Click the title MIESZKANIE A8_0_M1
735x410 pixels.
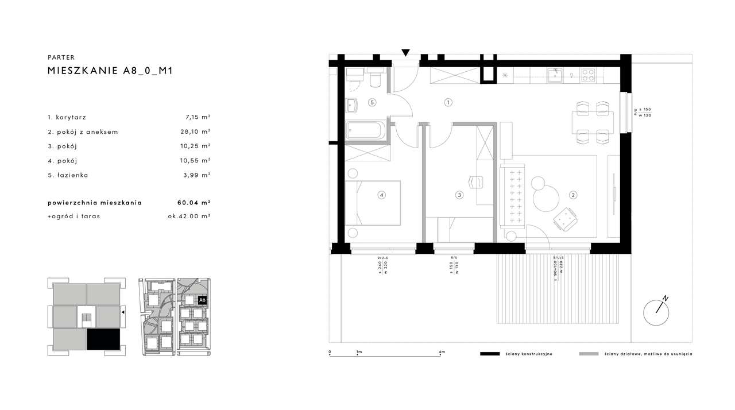click(x=110, y=71)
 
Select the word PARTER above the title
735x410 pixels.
click(x=61, y=57)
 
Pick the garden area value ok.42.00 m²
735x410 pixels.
click(x=185, y=216)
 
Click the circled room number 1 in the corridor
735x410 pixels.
click(x=448, y=103)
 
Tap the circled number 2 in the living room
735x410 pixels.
click(x=572, y=195)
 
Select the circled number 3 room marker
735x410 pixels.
click(x=459, y=195)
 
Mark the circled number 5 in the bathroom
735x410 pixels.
click(x=372, y=103)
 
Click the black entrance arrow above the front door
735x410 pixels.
click(x=406, y=53)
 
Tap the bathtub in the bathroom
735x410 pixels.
click(x=368, y=130)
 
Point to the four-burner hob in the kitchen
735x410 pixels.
click(x=589, y=75)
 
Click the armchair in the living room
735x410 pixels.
click(x=566, y=219)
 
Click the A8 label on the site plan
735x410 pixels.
click(x=202, y=300)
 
